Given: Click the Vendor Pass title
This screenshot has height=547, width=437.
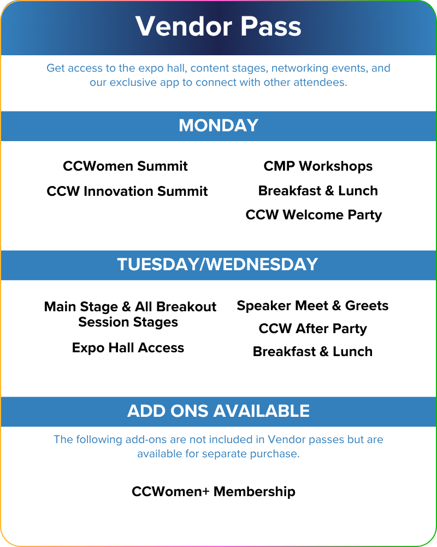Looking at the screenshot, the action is pos(218,26).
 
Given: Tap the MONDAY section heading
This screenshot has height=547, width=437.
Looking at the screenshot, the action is pos(218,126).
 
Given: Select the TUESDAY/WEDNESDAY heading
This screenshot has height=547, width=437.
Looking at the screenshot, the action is pos(217,264).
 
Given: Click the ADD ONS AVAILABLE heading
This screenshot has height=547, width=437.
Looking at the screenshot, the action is pos(218,411).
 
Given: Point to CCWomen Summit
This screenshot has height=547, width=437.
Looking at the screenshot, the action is pos(125,166).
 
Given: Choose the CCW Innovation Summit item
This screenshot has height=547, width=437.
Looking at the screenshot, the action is pos(127,191).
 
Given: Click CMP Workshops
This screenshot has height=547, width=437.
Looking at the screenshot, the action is pos(318,166).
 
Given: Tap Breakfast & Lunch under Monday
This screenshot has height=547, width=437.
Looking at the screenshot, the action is pos(318,191).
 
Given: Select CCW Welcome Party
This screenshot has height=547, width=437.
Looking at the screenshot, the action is pos(314,215).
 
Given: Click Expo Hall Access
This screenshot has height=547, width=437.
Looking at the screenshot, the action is pos(128,348).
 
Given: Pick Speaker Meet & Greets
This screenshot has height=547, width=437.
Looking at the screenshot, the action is pos(312,306).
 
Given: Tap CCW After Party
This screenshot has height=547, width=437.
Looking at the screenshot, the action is pos(312,329).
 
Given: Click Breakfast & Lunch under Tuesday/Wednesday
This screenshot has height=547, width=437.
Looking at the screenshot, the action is pos(312,352).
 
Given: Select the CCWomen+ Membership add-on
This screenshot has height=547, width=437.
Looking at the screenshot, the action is pos(214,492).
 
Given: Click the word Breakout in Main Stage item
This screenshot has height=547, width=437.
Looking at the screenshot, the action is pos(186,307).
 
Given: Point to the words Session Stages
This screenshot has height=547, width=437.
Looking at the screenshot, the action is pos(128,322).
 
